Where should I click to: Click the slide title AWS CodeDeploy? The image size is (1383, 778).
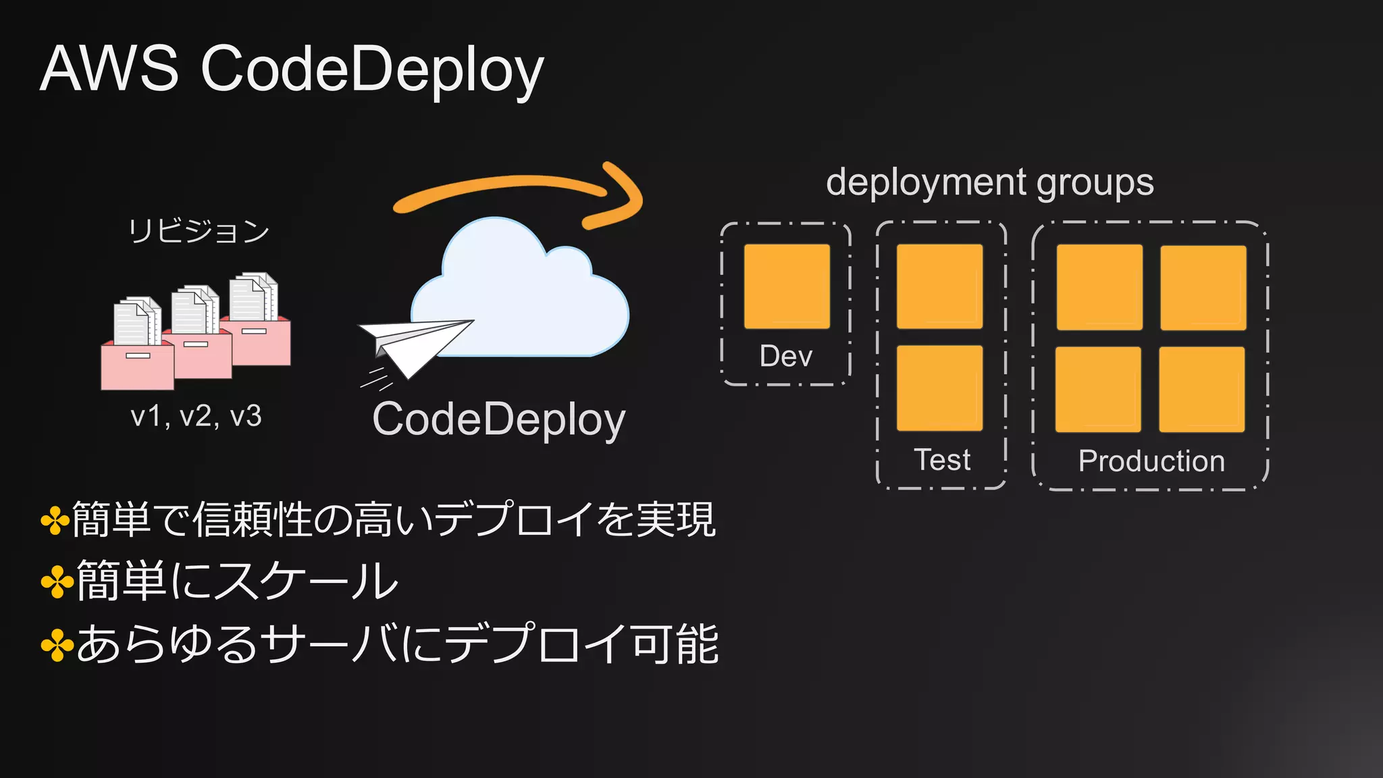click(x=292, y=69)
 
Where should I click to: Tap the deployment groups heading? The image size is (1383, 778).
click(x=990, y=182)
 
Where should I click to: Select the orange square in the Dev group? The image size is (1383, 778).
click(x=787, y=286)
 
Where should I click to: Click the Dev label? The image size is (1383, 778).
click(x=786, y=356)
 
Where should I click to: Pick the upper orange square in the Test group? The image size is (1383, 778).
click(x=939, y=286)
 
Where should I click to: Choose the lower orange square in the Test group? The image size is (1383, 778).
click(x=939, y=388)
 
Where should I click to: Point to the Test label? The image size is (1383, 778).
click(x=942, y=460)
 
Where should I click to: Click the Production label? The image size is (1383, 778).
click(x=1151, y=461)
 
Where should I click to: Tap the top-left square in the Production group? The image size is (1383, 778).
click(x=1099, y=287)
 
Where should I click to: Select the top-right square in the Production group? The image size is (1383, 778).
click(x=1203, y=287)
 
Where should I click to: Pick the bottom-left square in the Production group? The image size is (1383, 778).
click(x=1098, y=389)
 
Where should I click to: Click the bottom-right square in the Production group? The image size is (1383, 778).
click(x=1202, y=389)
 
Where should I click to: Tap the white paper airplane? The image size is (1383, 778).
click(x=413, y=344)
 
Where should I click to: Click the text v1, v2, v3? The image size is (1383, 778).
click(x=196, y=416)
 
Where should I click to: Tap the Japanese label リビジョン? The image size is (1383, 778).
click(x=199, y=231)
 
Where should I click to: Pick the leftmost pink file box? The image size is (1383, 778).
click(x=137, y=365)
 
